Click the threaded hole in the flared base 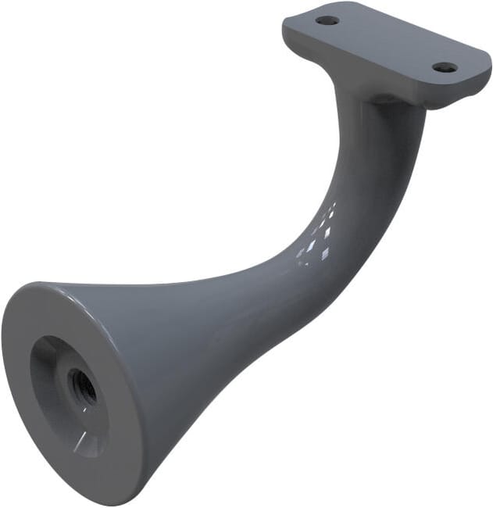coord(81,386)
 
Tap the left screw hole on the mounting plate coord(328,20)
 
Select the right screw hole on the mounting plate coord(445,68)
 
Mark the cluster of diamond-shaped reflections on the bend coord(321,234)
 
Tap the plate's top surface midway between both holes coord(387,44)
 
